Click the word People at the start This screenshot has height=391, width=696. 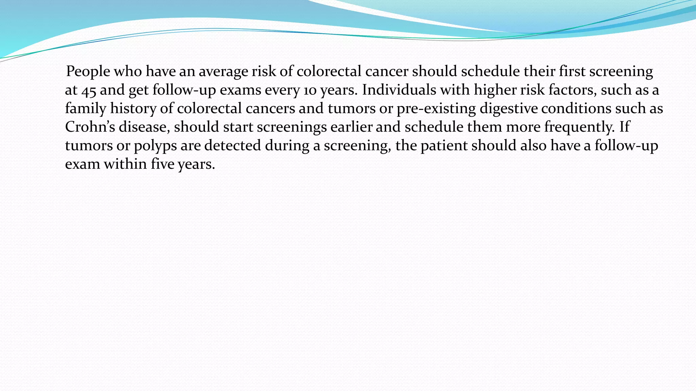click(88, 72)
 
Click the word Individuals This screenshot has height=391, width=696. click(399, 90)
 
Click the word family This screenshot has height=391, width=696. click(86, 109)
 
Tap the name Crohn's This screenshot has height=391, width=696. click(90, 127)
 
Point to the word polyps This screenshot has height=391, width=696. click(155, 146)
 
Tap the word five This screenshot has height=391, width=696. click(162, 164)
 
